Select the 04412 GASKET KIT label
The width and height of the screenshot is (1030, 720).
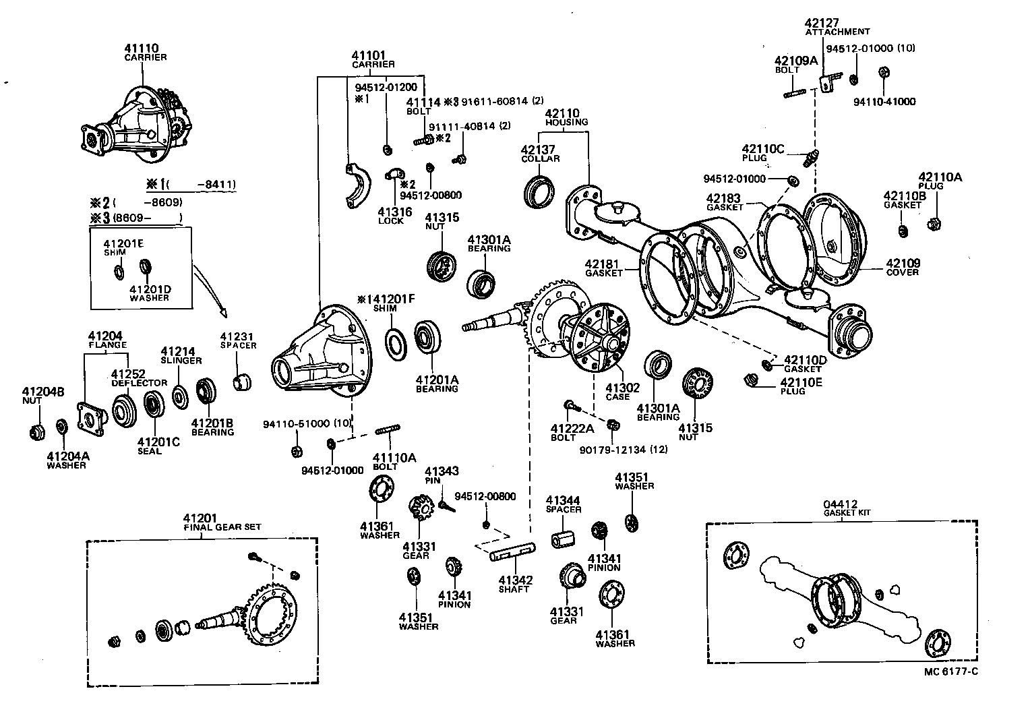point(847,508)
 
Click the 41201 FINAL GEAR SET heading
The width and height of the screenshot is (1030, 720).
point(222,522)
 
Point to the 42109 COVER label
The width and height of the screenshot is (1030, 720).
point(903,267)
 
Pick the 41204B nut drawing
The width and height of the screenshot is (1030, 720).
point(38,431)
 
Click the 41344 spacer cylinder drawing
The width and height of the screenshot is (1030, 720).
point(564,540)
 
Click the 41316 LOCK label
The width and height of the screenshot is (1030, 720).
point(391,216)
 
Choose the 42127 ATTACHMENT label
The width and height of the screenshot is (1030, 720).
point(837,26)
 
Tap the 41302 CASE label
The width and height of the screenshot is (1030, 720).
point(617,392)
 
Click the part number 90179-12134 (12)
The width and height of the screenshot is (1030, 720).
point(624,449)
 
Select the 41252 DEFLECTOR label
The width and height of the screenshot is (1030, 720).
point(139,378)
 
